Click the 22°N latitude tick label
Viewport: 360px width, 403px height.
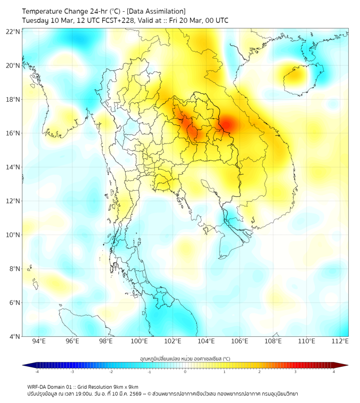click(x=13, y=31)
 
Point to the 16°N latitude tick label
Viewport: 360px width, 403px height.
click(x=13, y=133)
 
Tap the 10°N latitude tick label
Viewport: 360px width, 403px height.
click(x=13, y=235)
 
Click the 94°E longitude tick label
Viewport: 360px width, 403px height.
click(x=39, y=341)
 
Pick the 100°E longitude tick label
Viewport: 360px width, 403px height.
click(x=140, y=341)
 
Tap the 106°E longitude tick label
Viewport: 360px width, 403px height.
click(x=240, y=341)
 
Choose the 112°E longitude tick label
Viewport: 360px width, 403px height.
click(x=341, y=341)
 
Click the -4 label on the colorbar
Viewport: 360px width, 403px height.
click(x=37, y=371)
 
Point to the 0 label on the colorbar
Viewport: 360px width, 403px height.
click(x=185, y=371)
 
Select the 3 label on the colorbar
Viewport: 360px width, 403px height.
click(x=295, y=371)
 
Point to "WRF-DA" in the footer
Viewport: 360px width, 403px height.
click(x=39, y=386)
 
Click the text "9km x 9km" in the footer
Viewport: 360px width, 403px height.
click(x=125, y=386)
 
